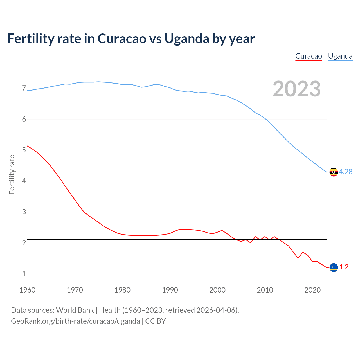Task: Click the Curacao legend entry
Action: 309,56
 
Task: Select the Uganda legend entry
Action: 340,56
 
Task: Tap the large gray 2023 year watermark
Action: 297,89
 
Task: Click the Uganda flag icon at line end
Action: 334,172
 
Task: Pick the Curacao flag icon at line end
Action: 334,267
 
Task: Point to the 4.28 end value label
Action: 346,172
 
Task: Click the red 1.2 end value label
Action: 344,267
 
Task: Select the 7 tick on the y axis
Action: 24,88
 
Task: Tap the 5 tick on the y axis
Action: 24,150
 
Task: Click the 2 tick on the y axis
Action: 24,243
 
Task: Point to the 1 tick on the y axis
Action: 24,274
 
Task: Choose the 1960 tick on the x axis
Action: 27,290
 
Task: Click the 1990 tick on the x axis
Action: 170,290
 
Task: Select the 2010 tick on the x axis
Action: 265,290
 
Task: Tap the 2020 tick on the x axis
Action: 312,290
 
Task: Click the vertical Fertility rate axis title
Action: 12,174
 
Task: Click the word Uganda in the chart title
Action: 187,39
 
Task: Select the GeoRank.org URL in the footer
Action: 75,321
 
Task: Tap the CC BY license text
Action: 156,321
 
